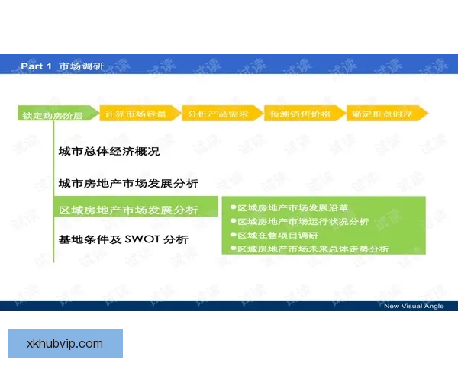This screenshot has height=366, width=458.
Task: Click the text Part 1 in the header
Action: click(36, 66)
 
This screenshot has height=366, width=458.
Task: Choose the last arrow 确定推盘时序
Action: click(384, 114)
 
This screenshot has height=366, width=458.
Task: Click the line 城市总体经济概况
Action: click(109, 152)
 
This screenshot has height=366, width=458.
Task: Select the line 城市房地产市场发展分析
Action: click(128, 184)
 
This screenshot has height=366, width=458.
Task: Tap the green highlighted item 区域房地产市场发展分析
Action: click(128, 210)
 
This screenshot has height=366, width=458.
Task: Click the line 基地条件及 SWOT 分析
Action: click(123, 239)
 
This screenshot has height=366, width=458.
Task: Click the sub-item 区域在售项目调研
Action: click(276, 235)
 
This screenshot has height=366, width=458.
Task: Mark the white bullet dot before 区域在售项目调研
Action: click(232, 235)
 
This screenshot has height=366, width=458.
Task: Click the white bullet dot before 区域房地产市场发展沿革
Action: click(232, 207)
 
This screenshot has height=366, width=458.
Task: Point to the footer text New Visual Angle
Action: click(413, 306)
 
